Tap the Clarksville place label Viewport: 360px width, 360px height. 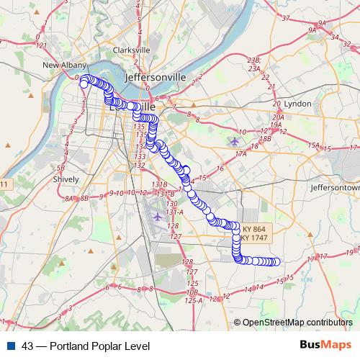coord(131,50)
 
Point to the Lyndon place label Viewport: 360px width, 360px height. coord(298,104)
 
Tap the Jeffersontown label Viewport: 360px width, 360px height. coord(335,186)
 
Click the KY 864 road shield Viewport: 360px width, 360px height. coord(254,229)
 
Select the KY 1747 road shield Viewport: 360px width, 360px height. coord(254,238)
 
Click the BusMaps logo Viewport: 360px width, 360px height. coord(325,346)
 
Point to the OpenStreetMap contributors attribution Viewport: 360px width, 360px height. coord(297,323)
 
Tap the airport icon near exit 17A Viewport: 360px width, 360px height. coord(233,140)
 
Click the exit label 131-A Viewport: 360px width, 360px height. coord(175,212)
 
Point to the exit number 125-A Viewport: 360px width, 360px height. coord(193,300)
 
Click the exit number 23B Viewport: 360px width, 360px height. coord(253,60)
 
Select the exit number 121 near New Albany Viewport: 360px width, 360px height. coord(41,45)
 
